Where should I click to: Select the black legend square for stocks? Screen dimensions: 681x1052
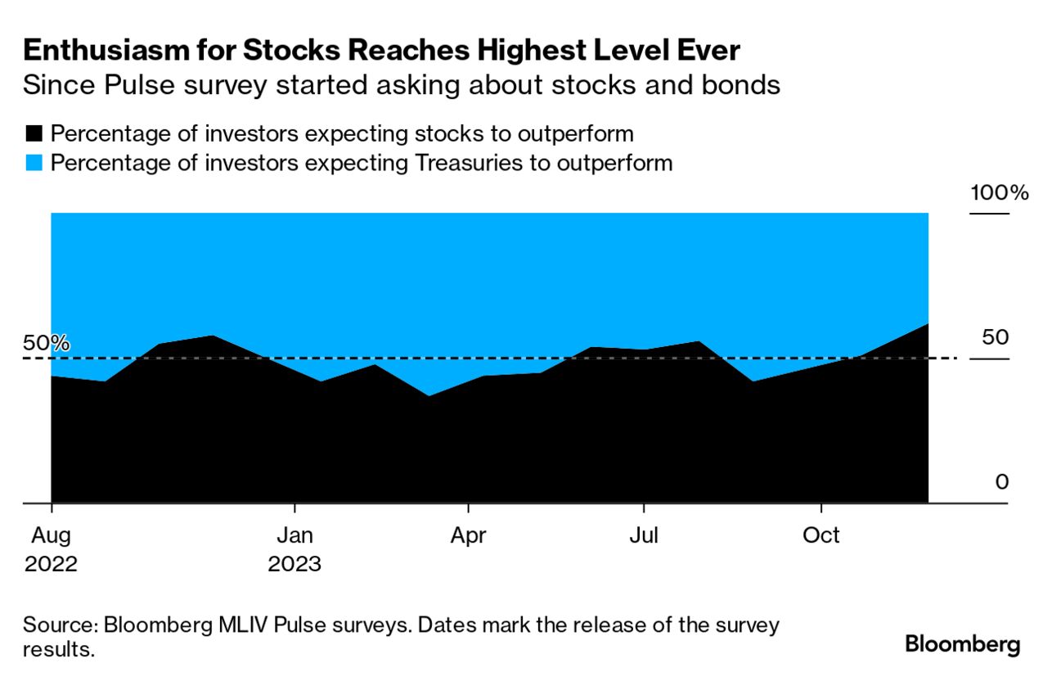click(x=34, y=133)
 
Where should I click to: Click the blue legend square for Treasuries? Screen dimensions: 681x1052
click(x=34, y=163)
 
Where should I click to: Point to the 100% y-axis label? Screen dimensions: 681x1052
click(x=998, y=194)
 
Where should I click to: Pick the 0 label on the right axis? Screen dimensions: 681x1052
click(x=1002, y=482)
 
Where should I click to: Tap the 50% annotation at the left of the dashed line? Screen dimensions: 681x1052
click(x=46, y=344)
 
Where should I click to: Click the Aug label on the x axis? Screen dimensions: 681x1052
click(x=52, y=535)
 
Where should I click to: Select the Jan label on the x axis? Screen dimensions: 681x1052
click(x=294, y=535)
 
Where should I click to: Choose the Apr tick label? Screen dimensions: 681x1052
click(x=468, y=535)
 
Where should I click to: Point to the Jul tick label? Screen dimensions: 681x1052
click(x=644, y=535)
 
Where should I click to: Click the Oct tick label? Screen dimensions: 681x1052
click(x=820, y=535)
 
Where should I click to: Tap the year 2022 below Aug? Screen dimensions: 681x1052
click(x=52, y=564)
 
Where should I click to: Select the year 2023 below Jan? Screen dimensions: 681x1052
click(x=294, y=564)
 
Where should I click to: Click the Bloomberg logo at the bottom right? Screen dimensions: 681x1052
click(x=962, y=644)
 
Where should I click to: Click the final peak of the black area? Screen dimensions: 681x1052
click(x=928, y=324)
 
